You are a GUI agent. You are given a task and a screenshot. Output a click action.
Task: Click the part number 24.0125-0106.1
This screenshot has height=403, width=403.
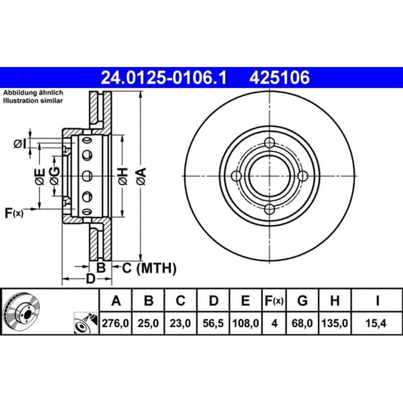(x=164, y=78)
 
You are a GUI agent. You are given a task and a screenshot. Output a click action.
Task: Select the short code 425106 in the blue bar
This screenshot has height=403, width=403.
(x=280, y=78)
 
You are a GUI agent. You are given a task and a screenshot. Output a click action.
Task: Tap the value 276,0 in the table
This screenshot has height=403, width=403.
(x=115, y=323)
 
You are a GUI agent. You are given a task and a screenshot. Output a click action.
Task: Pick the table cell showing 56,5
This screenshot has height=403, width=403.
(x=213, y=323)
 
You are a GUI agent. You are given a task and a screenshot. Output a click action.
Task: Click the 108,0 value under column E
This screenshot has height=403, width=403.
(x=245, y=323)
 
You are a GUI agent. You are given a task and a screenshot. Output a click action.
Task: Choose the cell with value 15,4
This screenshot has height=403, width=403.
(x=376, y=323)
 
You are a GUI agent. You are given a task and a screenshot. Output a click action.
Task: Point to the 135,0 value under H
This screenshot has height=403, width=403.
(x=334, y=323)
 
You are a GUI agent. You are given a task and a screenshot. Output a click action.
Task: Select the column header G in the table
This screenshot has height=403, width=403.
(x=302, y=300)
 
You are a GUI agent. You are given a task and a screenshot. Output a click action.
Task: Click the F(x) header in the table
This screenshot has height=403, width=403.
(x=274, y=300)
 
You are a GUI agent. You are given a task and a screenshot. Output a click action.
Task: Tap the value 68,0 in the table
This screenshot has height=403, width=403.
(x=302, y=323)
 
